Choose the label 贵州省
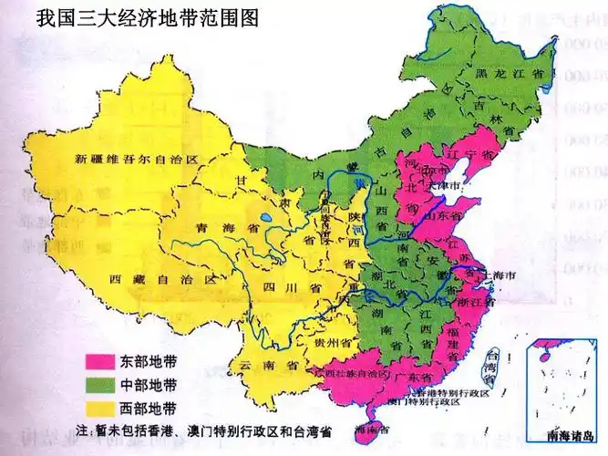coord(326,344)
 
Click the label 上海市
coord(498,274)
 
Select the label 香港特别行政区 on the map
coord(447,390)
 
